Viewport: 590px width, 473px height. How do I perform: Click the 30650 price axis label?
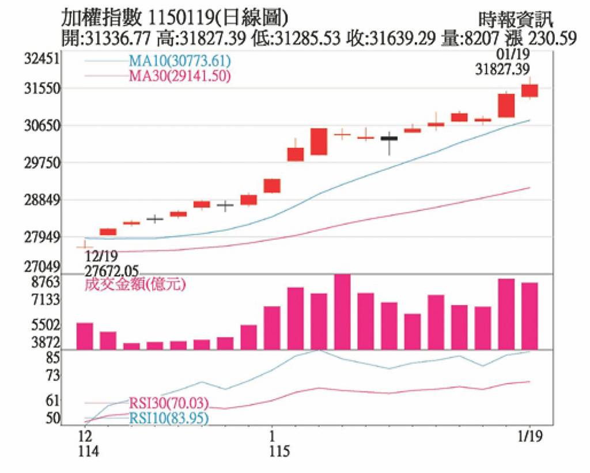click(x=44, y=125)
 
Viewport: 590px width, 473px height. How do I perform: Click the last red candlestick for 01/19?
click(x=530, y=91)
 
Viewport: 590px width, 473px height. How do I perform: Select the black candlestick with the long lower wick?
click(x=389, y=138)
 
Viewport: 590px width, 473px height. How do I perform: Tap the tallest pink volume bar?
click(x=342, y=311)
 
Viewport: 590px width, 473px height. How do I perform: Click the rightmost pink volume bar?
click(x=530, y=316)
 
